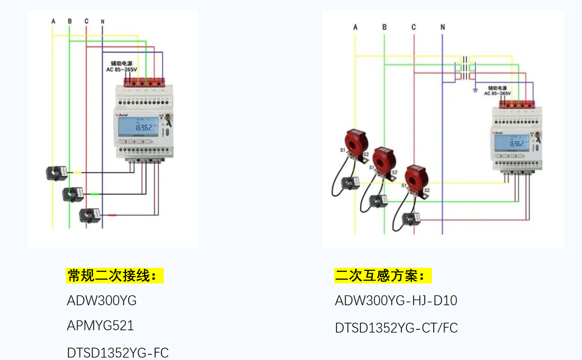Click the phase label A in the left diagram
(53, 21)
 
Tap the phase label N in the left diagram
(103, 21)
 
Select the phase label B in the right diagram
(384, 27)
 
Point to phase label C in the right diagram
(413, 27)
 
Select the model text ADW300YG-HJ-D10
(396, 301)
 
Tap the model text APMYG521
(100, 326)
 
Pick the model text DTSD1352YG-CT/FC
(396, 328)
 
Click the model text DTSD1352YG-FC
(118, 353)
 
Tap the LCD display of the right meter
(513, 143)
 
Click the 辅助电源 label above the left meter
(121, 63)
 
